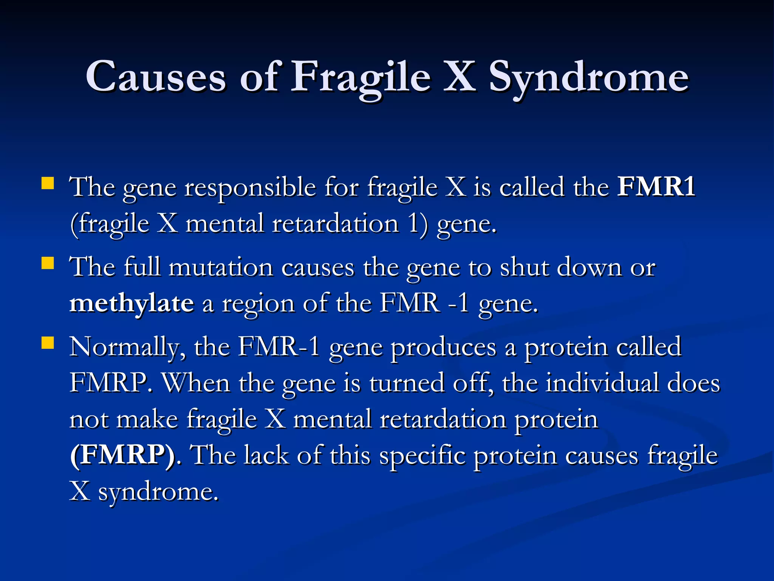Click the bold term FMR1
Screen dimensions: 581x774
[x=656, y=186]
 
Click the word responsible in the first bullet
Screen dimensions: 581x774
[x=250, y=187]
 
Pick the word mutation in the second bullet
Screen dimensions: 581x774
[x=221, y=267]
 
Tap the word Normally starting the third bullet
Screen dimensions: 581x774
[x=127, y=347]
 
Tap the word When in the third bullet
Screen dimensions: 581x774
[x=196, y=383]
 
